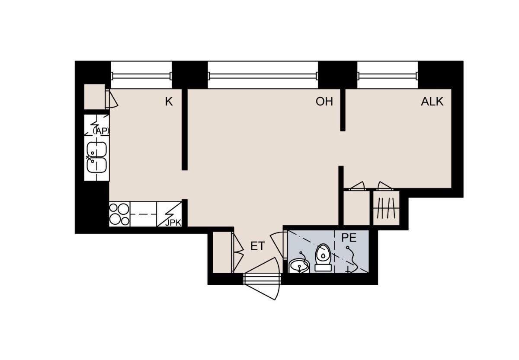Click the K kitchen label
(169, 102)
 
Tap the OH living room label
(324, 102)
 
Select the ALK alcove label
(432, 102)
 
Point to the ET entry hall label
(257, 246)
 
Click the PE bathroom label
(349, 238)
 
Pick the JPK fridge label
(173, 223)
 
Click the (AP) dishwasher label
(101, 131)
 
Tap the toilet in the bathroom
(323, 257)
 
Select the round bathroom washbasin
(299, 266)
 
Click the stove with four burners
(119, 214)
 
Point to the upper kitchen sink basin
(96, 150)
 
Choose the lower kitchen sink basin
(96, 165)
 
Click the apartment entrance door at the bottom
(262, 279)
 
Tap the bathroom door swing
(277, 245)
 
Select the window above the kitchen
(141, 76)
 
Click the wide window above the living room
(263, 76)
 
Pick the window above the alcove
(388, 76)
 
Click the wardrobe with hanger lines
(386, 208)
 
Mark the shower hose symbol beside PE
(352, 259)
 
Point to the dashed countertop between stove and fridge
(143, 214)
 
